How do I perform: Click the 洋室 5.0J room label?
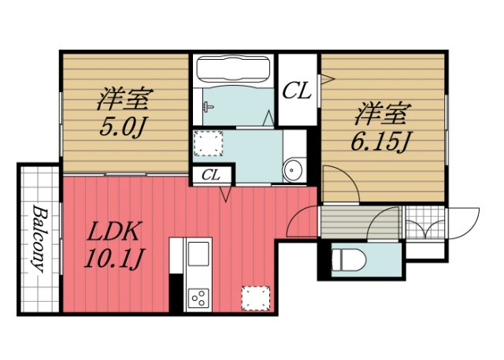tap(124, 113)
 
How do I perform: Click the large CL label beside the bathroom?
tap(297, 91)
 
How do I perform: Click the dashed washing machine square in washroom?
tap(209, 145)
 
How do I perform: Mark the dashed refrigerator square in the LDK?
tap(255, 298)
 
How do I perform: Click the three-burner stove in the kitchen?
tap(198, 299)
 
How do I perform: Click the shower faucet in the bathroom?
tap(207, 108)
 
